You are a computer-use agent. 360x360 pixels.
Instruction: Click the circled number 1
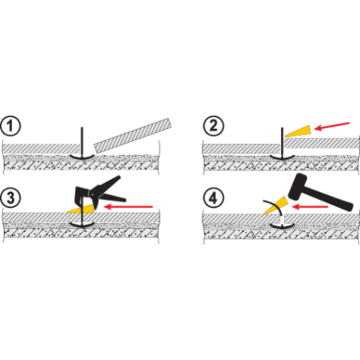(10, 126)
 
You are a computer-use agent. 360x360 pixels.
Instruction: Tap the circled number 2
(213, 126)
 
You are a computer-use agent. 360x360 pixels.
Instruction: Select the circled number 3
(10, 198)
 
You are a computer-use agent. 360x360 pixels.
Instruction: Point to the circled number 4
(213, 198)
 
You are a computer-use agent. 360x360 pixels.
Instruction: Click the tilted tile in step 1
(133, 136)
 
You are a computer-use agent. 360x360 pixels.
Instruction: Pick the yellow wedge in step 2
(299, 131)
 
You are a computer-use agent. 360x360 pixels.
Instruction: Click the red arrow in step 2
(332, 127)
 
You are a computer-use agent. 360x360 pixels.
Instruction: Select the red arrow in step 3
(128, 206)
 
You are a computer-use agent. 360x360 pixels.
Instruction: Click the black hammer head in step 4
(298, 187)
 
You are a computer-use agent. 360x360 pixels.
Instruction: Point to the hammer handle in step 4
(330, 198)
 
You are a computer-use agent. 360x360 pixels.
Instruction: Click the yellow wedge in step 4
(276, 205)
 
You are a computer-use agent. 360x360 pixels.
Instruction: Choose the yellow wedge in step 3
(80, 209)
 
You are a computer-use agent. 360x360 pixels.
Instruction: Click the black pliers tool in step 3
(98, 192)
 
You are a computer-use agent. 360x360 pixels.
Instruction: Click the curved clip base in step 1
(82, 157)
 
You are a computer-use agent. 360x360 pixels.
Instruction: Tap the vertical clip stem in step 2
(282, 143)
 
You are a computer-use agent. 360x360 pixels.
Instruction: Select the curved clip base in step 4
(282, 226)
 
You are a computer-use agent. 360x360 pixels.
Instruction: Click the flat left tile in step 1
(41, 149)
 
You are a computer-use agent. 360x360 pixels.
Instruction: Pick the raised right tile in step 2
(322, 143)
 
